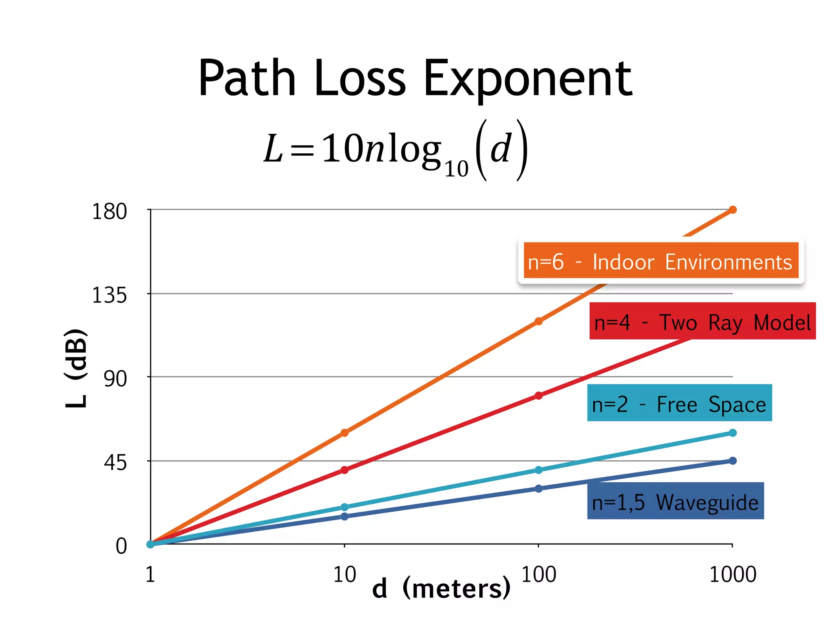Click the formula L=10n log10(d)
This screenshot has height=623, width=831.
click(x=396, y=150)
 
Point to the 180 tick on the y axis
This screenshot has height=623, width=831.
click(x=109, y=211)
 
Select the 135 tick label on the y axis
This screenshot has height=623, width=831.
click(x=109, y=295)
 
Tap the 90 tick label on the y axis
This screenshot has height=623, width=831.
click(x=115, y=379)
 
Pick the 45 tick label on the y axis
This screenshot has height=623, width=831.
click(x=115, y=462)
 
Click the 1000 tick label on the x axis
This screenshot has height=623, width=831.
click(x=732, y=574)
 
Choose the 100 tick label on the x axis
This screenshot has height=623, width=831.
click(x=538, y=574)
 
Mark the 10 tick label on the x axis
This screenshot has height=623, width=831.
click(x=344, y=574)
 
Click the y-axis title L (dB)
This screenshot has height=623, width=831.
click(x=76, y=368)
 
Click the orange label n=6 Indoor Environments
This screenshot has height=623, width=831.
click(x=661, y=260)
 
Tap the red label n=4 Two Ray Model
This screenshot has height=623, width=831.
click(x=702, y=321)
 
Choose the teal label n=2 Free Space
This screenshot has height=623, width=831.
click(x=679, y=403)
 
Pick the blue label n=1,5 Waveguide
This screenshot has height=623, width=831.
click(x=675, y=501)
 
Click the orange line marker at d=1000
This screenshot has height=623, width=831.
click(x=732, y=210)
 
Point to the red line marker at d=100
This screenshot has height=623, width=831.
click(x=538, y=395)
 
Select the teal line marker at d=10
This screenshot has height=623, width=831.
click(x=344, y=507)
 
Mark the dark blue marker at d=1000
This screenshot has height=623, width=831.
click(x=732, y=461)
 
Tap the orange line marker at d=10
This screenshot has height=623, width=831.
click(x=344, y=433)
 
